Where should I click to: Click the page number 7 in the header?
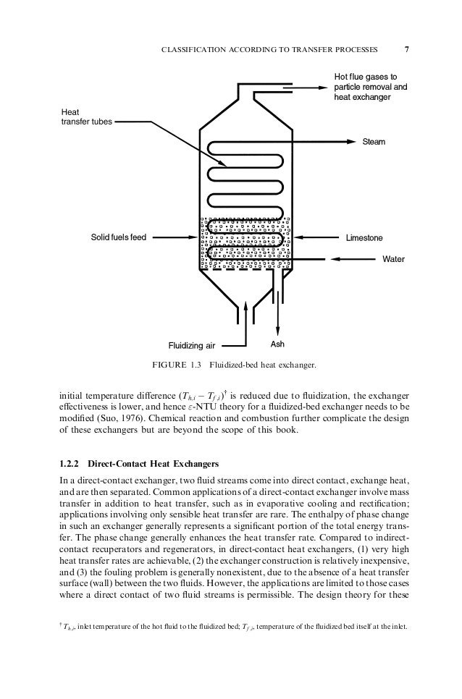[407, 50]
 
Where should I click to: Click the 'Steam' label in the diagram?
[374, 142]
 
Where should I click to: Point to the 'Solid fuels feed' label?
[118, 237]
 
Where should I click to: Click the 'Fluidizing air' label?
[193, 345]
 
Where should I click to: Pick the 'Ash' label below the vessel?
[278, 344]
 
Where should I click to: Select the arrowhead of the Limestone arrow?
[298, 237]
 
